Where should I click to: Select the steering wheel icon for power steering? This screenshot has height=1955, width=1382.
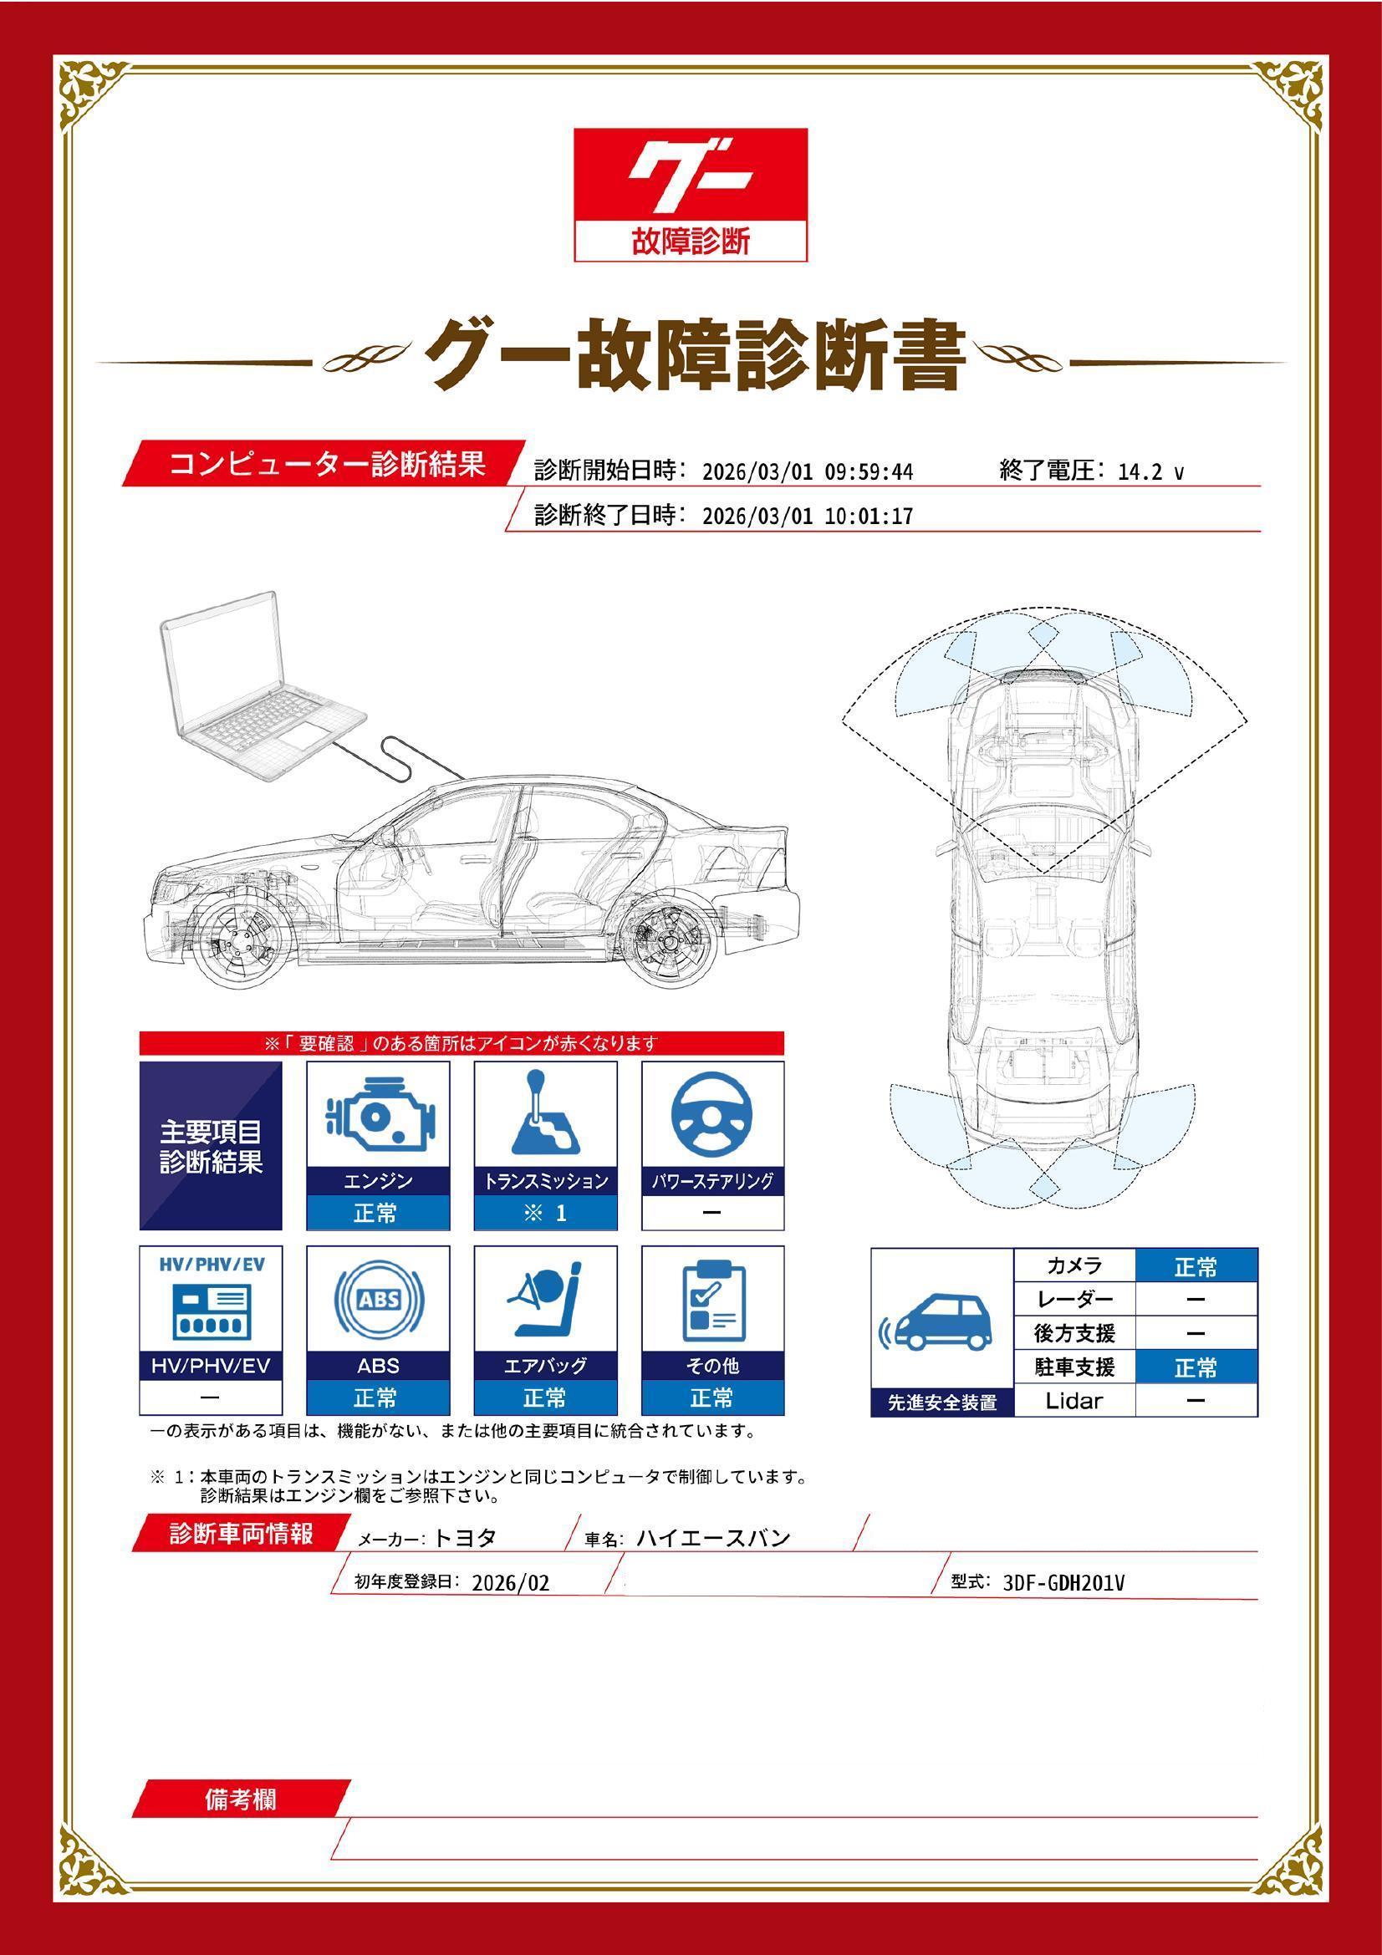tap(711, 1117)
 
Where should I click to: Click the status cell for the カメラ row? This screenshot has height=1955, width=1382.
tap(1196, 1268)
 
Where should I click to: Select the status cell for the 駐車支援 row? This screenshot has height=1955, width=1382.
tap(1196, 1368)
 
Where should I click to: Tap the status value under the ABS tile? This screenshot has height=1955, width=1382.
tap(378, 1398)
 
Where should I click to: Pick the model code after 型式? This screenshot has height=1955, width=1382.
tap(1064, 1583)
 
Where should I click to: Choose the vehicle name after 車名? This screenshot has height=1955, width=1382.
tap(713, 1539)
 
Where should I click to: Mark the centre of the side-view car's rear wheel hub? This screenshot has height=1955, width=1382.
tap(666, 944)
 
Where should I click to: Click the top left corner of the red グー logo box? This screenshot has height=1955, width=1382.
tap(574, 129)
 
